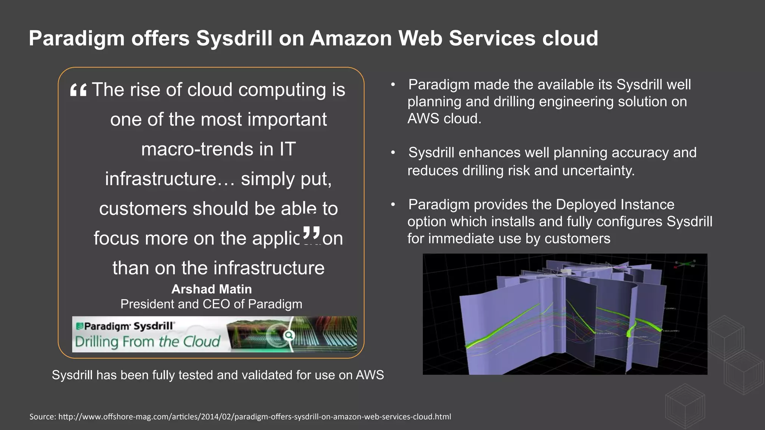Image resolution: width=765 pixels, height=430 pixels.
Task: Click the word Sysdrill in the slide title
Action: [234, 38]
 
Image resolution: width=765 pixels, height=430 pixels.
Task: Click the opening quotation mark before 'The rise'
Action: [78, 90]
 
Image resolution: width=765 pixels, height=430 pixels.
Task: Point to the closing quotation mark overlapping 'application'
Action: [311, 234]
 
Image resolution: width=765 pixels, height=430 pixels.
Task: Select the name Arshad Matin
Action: [211, 289]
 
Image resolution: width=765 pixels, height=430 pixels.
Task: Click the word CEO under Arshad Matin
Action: [220, 304]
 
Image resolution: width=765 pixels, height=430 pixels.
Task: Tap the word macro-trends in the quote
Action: [192, 149]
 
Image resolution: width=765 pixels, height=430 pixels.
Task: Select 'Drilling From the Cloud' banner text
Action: [148, 342]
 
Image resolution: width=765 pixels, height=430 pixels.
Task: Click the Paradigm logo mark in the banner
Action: [79, 326]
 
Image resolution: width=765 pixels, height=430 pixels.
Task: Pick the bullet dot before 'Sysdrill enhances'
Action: [393, 153]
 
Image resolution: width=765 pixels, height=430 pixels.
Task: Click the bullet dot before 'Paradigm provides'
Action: [393, 205]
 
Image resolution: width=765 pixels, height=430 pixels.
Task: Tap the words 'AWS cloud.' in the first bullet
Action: [444, 119]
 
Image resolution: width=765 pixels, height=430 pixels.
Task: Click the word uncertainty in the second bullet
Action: [598, 171]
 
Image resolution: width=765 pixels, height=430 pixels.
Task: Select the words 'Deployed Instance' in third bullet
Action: [615, 205]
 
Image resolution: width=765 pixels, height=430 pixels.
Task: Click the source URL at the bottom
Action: [255, 417]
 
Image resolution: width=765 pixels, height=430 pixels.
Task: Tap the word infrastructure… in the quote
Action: [170, 179]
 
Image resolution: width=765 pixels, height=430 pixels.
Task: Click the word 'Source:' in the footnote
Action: [43, 417]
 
